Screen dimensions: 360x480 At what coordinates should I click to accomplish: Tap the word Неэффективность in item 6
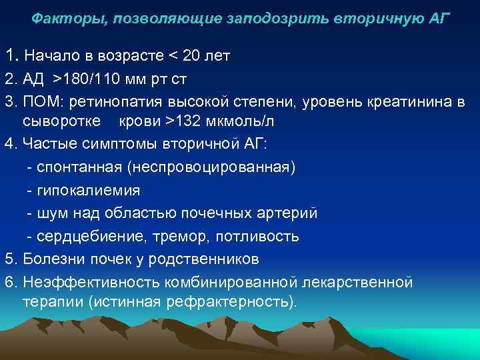(x=82, y=282)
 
